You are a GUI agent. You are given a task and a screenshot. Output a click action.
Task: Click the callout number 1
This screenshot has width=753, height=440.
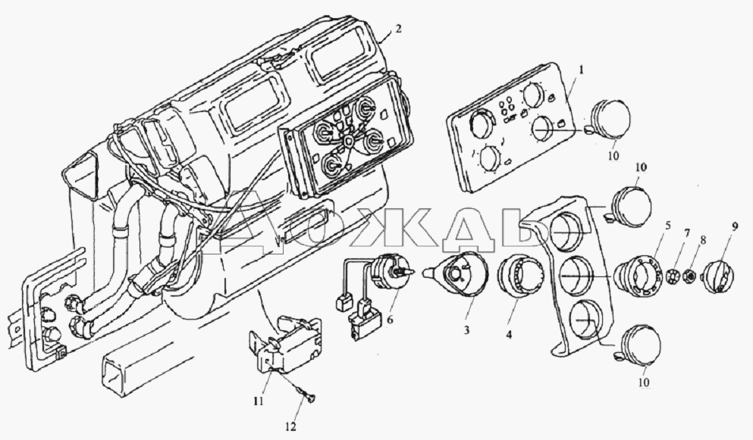pyautogui.click(x=581, y=70)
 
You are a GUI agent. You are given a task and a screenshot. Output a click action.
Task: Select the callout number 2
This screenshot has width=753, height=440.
pyautogui.click(x=397, y=29)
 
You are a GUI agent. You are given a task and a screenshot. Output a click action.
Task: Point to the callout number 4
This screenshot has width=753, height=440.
pyautogui.click(x=509, y=335)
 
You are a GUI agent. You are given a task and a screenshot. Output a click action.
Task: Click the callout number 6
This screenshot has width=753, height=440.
pyautogui.click(x=390, y=319)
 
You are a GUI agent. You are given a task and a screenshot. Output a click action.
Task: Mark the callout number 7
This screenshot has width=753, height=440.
pyautogui.click(x=687, y=233)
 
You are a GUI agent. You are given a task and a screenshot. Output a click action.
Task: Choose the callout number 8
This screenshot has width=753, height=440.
pyautogui.click(x=703, y=240)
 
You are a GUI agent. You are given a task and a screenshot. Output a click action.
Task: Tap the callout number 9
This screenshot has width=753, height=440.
pyautogui.click(x=735, y=226)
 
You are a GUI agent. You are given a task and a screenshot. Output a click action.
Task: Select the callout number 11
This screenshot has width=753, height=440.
pyautogui.click(x=259, y=401)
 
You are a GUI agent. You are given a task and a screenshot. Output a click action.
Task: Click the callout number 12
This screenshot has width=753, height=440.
pyautogui.click(x=290, y=426)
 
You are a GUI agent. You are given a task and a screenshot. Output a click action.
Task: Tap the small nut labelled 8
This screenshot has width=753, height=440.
pyautogui.click(x=689, y=276)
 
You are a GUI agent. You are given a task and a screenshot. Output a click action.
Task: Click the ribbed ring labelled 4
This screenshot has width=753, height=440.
pyautogui.click(x=515, y=277)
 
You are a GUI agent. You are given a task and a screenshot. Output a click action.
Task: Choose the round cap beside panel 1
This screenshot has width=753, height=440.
pyautogui.click(x=608, y=120)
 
